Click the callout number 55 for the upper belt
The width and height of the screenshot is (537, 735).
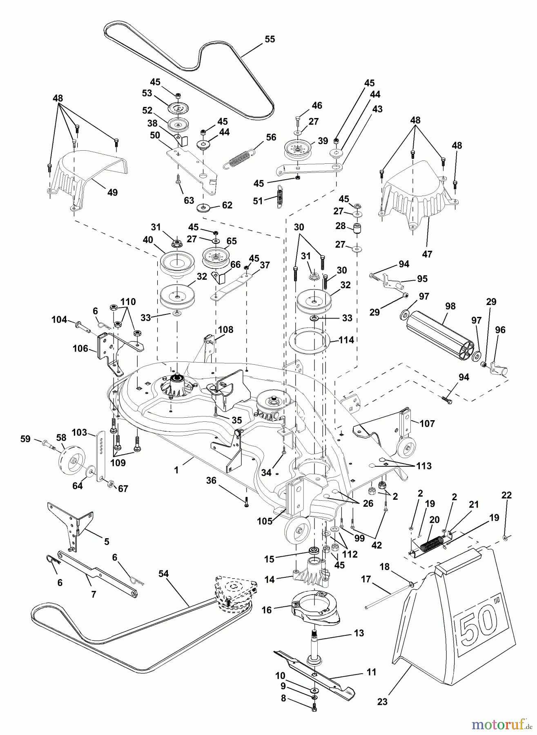[x=270, y=39]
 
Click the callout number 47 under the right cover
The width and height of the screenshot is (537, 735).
[x=427, y=254]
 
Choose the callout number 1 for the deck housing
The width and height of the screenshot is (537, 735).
[x=176, y=470]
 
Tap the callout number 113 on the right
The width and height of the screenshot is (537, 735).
[x=423, y=465]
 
